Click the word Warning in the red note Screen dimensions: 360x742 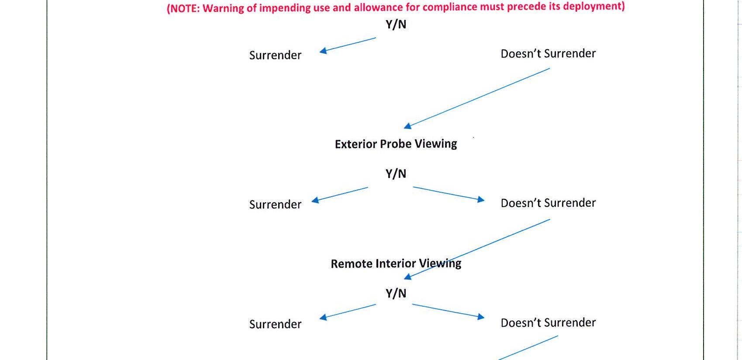tap(223, 8)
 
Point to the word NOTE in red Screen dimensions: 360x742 tap(184, 9)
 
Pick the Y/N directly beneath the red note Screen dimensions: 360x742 tap(396, 24)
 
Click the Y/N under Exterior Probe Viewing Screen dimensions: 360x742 tap(396, 174)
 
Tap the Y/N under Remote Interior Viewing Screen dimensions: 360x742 tap(396, 294)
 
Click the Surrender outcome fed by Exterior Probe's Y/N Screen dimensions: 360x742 tap(275, 204)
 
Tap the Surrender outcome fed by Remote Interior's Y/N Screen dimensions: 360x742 tap(275, 324)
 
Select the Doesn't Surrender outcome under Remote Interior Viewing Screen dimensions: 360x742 tap(548, 323)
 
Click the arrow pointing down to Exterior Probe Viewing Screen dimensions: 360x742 tap(476, 98)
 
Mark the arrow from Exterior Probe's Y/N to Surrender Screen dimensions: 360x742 tap(340, 194)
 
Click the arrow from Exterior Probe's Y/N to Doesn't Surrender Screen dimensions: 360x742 tap(449, 194)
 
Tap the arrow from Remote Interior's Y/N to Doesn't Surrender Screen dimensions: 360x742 tap(448, 311)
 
